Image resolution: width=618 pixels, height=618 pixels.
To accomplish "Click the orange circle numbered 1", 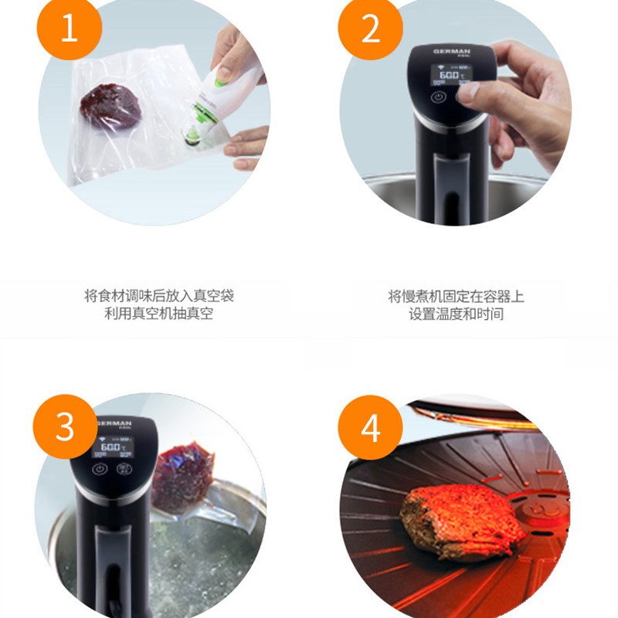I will (x=70, y=30).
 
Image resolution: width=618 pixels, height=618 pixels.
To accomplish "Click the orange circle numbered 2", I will (x=371, y=30).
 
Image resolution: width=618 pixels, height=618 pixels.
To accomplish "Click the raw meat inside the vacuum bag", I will (x=110, y=105).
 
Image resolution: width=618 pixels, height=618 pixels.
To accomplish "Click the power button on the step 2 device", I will (x=438, y=99).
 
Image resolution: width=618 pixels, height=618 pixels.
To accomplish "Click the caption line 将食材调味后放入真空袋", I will (x=158, y=296).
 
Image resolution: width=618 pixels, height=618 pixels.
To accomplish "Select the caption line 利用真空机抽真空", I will (x=158, y=314).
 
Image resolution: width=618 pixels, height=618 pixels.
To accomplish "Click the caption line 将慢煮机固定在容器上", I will (x=456, y=296).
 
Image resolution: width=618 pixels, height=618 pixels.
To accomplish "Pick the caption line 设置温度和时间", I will (x=456, y=314).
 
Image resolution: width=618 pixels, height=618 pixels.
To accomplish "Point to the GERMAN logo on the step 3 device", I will (x=116, y=424).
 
